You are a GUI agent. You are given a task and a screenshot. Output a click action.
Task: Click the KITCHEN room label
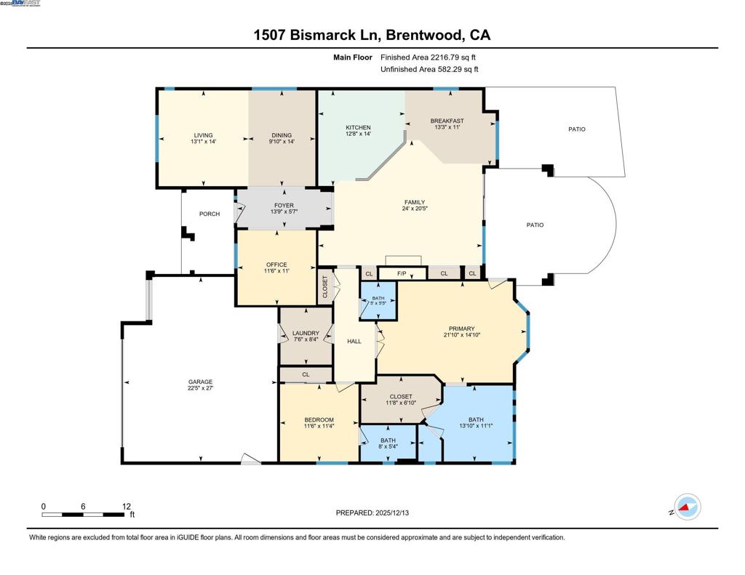(358, 128)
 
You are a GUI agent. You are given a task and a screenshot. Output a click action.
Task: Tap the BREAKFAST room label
(447, 121)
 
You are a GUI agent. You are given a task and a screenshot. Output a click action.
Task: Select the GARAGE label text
(201, 382)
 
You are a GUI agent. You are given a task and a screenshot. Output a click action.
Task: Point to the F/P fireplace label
(402, 273)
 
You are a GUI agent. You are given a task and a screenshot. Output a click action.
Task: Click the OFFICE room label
(276, 265)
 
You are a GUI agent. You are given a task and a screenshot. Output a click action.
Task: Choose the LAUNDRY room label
(306, 334)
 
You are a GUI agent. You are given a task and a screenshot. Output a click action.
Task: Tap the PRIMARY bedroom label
(462, 329)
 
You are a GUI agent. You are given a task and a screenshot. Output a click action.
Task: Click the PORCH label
(210, 214)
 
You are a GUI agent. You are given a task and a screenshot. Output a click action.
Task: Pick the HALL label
(354, 341)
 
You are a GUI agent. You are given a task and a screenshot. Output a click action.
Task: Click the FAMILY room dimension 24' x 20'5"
(415, 209)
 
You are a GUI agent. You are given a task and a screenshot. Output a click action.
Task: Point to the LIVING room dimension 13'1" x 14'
(204, 141)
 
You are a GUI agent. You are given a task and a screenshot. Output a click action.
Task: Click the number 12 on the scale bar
(127, 506)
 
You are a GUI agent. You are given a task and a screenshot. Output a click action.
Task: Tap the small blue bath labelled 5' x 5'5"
(378, 299)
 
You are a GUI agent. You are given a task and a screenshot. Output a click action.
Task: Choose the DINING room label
(282, 135)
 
